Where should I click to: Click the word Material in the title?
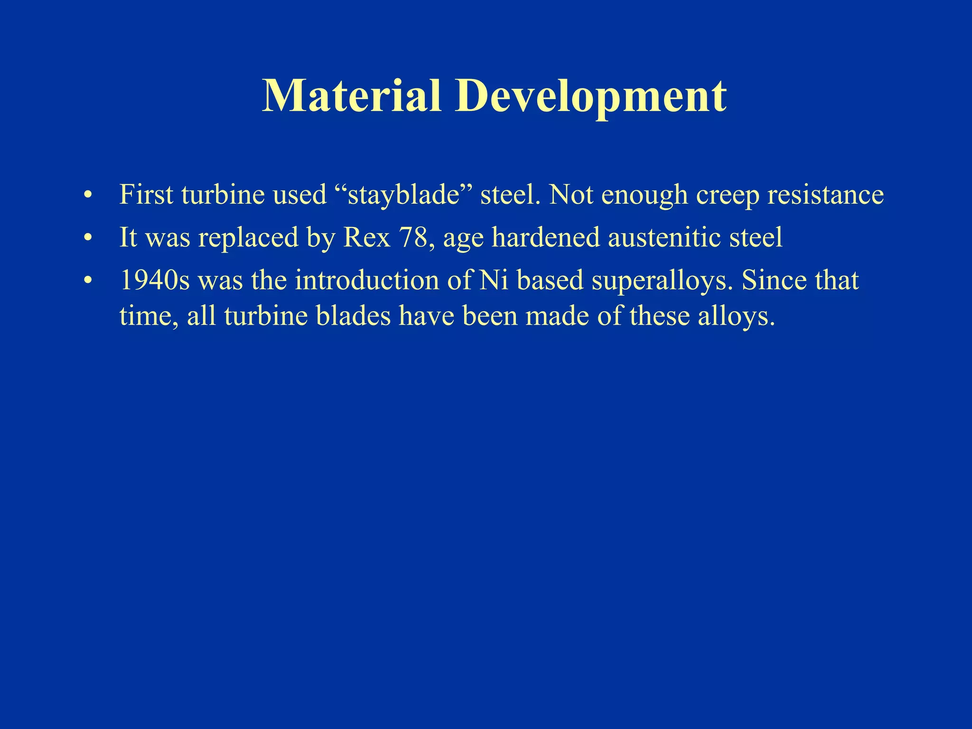(351, 96)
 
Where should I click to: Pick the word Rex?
(366, 237)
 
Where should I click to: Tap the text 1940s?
(155, 280)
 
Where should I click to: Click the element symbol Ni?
(494, 280)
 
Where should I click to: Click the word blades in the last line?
(353, 316)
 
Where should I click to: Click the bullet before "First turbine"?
(87, 196)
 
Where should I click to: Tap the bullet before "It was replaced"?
(87, 238)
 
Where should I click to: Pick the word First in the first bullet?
(146, 195)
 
